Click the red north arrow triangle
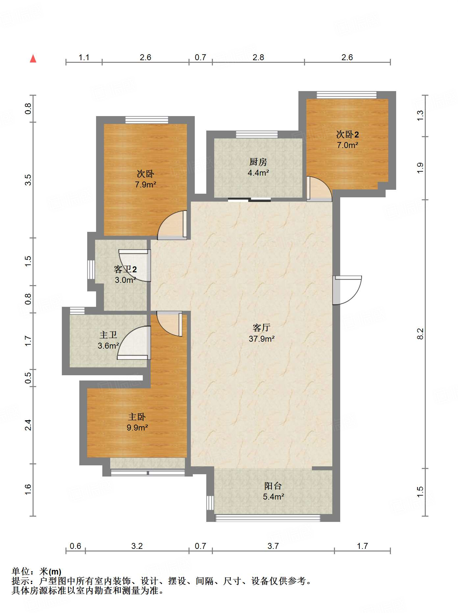[33, 59]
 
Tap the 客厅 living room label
[262, 328]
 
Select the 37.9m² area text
[262, 339]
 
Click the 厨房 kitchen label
[258, 162]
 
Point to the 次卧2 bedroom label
[347, 134]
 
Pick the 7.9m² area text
[145, 184]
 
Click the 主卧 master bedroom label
[137, 417]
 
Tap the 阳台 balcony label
[273, 486]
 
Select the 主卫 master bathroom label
[108, 335]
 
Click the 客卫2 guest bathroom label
[125, 269]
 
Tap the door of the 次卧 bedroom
[172, 225]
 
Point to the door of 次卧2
[319, 189]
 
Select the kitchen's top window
[257, 134]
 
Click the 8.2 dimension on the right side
[420, 334]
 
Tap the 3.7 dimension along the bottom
[273, 546]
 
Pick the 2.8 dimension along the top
[258, 58]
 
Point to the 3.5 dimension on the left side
[28, 180]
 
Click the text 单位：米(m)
[37, 572]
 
